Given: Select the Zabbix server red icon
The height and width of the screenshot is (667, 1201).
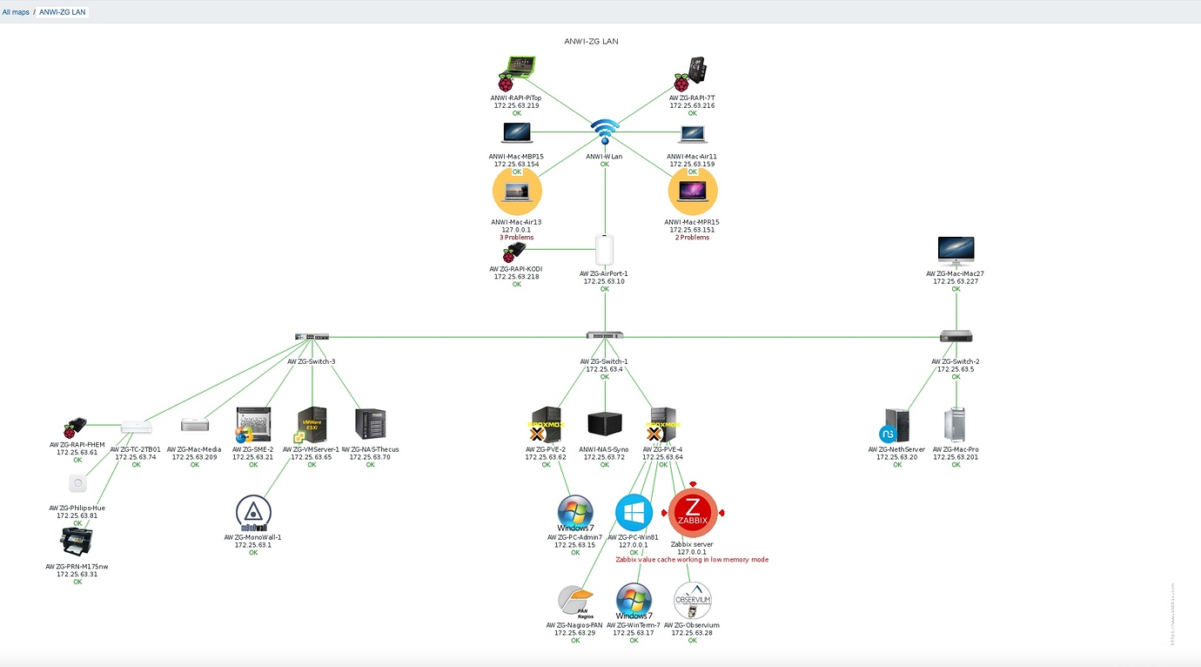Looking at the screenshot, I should (x=693, y=513).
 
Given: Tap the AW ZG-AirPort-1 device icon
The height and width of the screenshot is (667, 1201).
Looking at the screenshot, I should (x=605, y=249).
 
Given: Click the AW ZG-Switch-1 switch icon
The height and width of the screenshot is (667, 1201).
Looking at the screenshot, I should (x=604, y=335).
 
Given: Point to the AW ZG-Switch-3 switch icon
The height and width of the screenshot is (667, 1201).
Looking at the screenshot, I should (x=312, y=336).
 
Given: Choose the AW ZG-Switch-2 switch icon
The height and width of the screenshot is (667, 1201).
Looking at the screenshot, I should (x=956, y=336).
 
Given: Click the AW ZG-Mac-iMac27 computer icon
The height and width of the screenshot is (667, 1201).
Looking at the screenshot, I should (x=956, y=251).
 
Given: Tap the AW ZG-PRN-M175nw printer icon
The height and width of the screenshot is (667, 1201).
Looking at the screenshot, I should (x=77, y=542).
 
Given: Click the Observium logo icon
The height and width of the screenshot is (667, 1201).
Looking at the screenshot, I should (x=692, y=600).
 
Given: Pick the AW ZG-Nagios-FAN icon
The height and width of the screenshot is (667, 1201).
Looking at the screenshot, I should (x=575, y=601).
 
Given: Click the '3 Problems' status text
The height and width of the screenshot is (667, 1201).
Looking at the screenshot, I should (x=516, y=238).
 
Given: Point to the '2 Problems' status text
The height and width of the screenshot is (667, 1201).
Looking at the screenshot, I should (x=692, y=238).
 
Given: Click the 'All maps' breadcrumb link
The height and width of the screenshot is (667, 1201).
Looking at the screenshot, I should (x=16, y=12).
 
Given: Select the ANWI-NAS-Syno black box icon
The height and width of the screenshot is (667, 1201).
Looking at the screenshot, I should (x=605, y=424).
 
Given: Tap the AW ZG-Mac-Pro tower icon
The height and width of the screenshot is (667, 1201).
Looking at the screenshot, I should (x=955, y=424).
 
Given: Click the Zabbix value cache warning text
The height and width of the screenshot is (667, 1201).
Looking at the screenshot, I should (x=692, y=560).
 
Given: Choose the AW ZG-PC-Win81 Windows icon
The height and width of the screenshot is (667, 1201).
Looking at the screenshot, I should (x=634, y=512).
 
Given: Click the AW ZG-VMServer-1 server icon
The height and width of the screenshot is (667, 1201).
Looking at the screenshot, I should (x=312, y=424).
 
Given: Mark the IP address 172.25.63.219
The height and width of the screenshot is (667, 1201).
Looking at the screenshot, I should (x=516, y=105).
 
